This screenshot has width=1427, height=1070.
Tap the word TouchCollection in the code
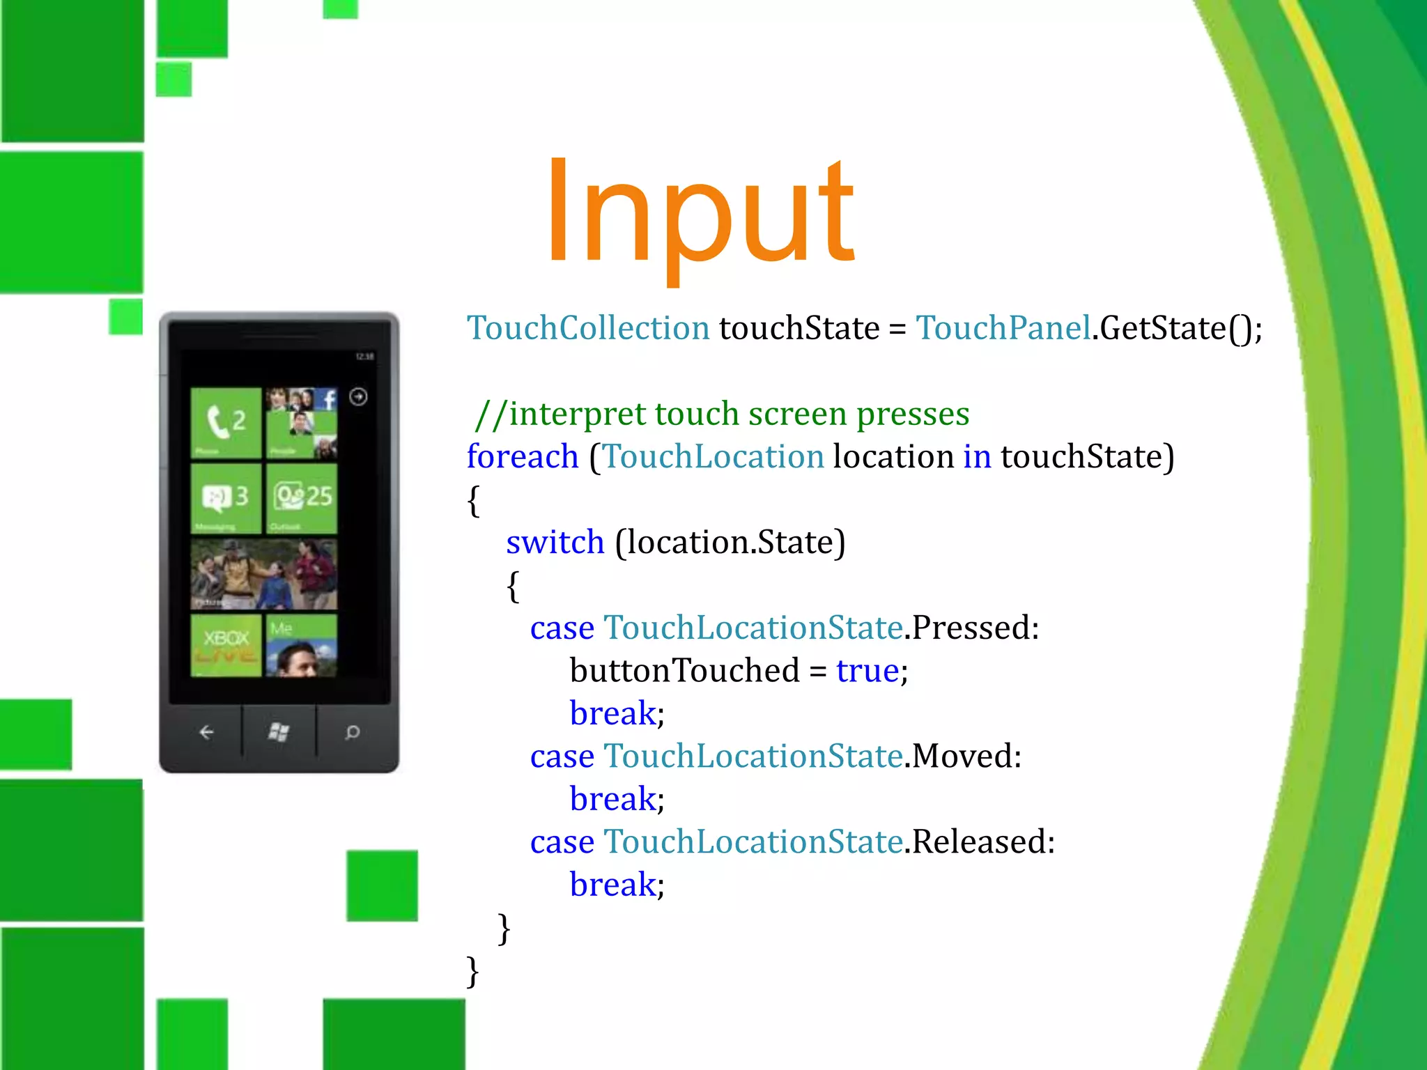coord(588,328)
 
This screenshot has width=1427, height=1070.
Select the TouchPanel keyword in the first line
coord(1003,328)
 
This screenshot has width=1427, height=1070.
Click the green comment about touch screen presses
coord(722,414)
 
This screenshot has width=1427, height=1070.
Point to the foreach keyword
coord(523,457)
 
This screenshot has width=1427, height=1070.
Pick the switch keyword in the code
coord(555,543)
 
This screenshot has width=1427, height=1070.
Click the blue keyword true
coord(867,671)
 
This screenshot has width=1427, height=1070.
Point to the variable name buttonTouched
coord(684,671)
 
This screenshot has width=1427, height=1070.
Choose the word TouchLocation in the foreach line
coord(713,457)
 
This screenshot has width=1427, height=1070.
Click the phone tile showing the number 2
coord(226,423)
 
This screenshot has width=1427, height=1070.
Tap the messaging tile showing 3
coord(226,497)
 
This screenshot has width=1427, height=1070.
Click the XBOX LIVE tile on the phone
coord(226,645)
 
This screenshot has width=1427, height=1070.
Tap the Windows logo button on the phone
coord(279,731)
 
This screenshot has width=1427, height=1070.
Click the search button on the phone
coord(353,731)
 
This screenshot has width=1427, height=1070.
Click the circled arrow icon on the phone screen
coord(358,397)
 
